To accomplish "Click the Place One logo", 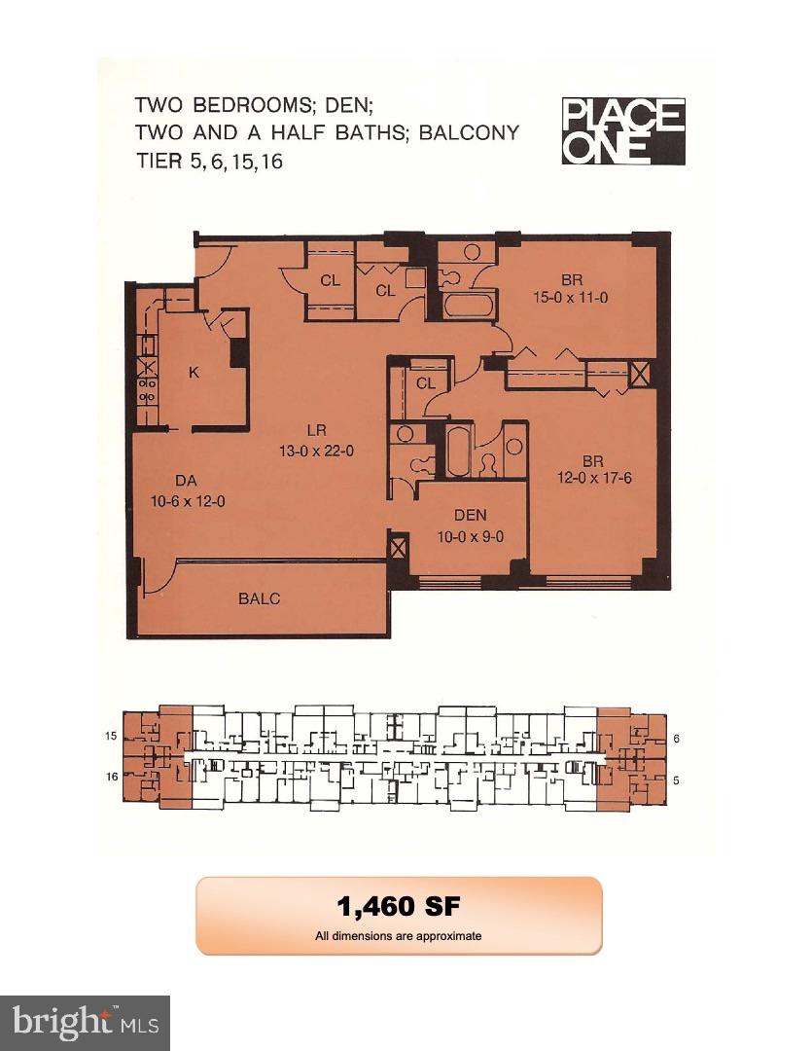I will [x=623, y=131].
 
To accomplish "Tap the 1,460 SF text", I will [x=399, y=907].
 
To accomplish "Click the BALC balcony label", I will [x=259, y=598].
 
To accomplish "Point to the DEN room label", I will [x=470, y=516].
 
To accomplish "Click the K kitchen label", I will [x=194, y=371].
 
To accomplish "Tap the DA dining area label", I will [x=188, y=481].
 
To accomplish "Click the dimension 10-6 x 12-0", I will [x=188, y=501].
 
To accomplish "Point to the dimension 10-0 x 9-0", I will [x=471, y=535].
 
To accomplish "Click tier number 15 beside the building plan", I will [x=111, y=738].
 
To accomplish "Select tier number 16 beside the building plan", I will [x=111, y=776].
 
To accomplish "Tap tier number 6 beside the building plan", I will [x=676, y=739].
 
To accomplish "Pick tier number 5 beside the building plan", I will [x=676, y=779].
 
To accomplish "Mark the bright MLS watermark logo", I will [x=85, y=1023].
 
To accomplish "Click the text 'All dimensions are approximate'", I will [x=399, y=936].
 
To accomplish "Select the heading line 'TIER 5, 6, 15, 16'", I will [x=209, y=162].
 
